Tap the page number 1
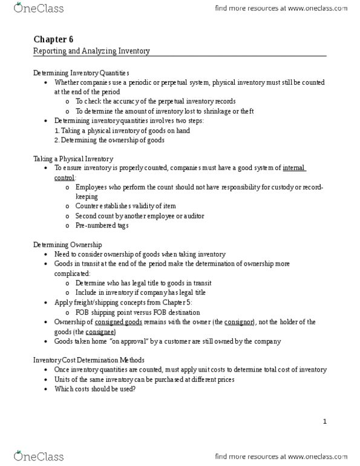[324, 421]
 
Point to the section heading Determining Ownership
[67, 244]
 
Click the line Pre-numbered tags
[102, 226]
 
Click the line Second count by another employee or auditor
[139, 216]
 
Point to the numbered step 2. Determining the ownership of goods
[109, 140]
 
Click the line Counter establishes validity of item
[125, 206]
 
